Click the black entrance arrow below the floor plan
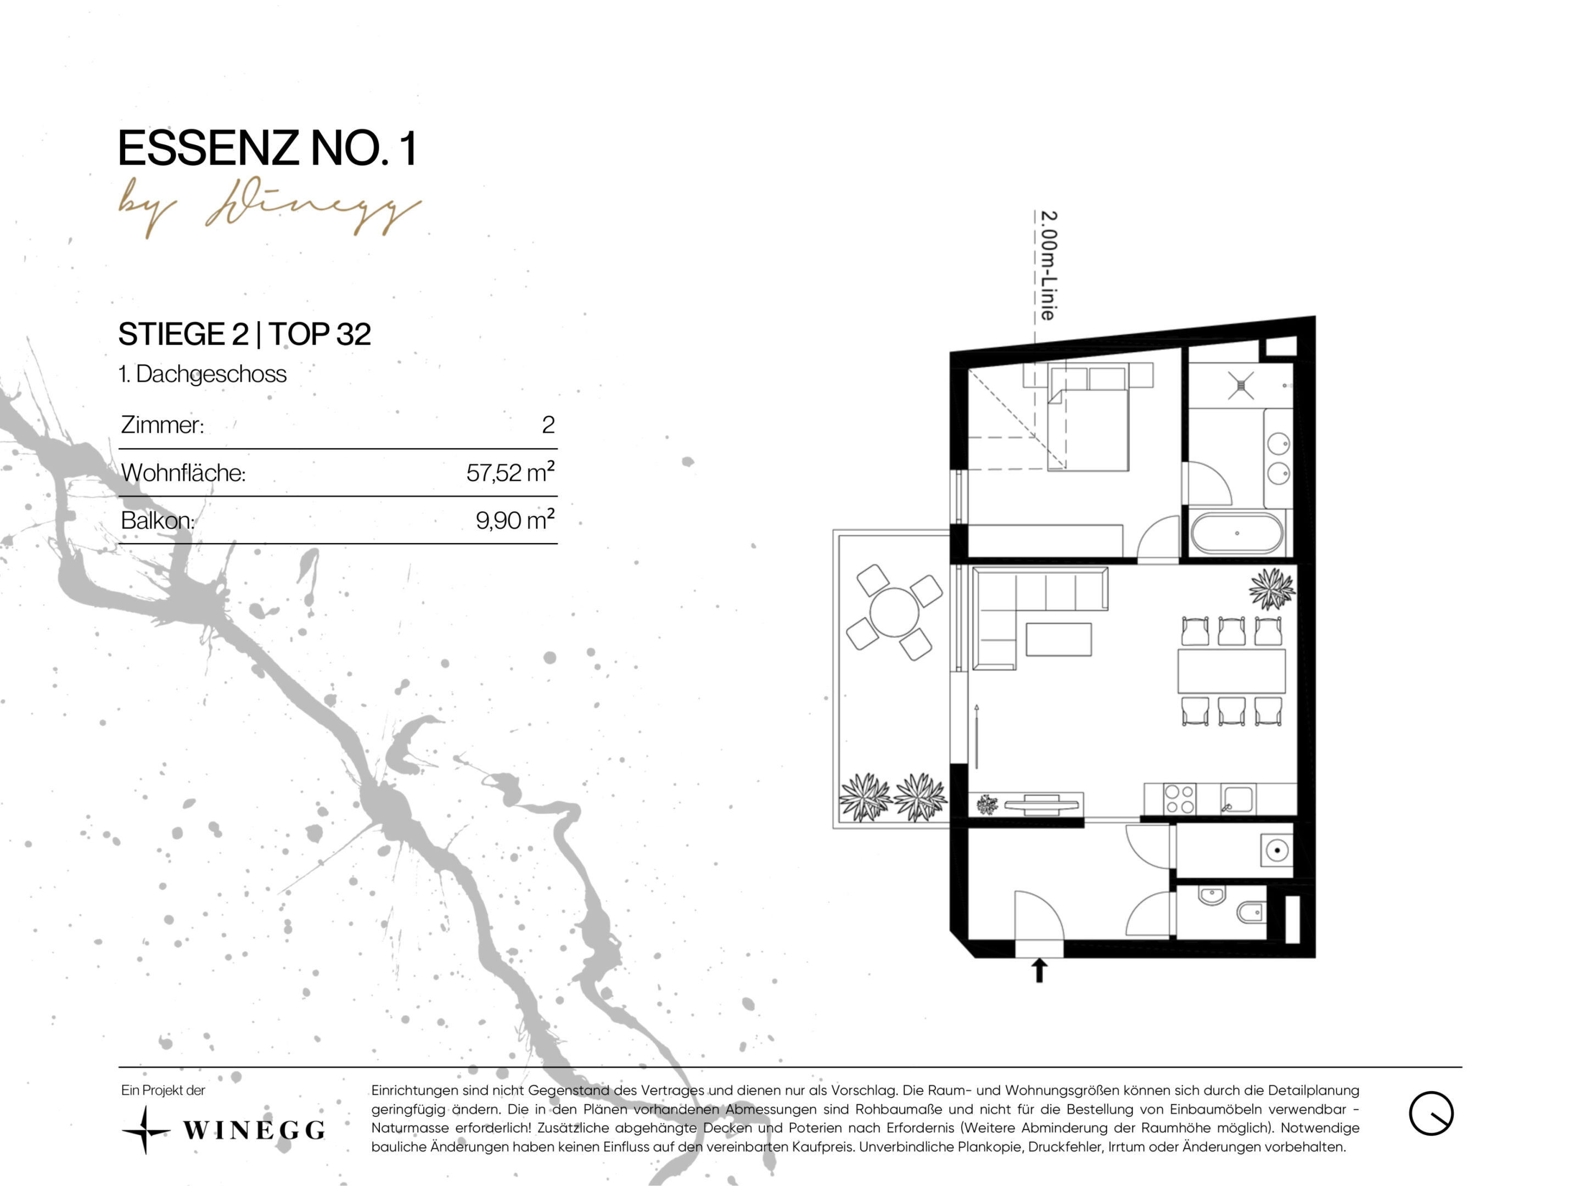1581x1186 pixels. pyautogui.click(x=1039, y=970)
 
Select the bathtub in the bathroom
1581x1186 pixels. pyautogui.click(x=1237, y=533)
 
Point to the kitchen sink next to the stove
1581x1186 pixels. pyautogui.click(x=1237, y=799)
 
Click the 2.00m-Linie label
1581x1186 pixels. pyautogui.click(x=1048, y=265)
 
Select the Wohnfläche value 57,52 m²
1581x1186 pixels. pyautogui.click(x=511, y=473)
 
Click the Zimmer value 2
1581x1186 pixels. pyautogui.click(x=548, y=424)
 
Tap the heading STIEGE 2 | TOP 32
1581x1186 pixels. pyautogui.click(x=244, y=334)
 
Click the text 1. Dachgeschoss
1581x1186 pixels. pyautogui.click(x=202, y=374)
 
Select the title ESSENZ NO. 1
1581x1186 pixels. pyautogui.click(x=267, y=149)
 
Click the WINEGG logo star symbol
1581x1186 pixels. pyautogui.click(x=145, y=1130)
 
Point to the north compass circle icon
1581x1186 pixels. pyautogui.click(x=1431, y=1113)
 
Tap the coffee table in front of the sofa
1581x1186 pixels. pyautogui.click(x=1058, y=639)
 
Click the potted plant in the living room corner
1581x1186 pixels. pyautogui.click(x=1272, y=589)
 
